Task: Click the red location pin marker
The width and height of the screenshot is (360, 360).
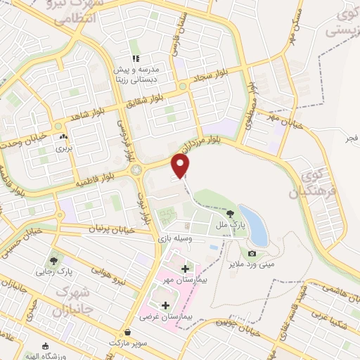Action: click(181, 166)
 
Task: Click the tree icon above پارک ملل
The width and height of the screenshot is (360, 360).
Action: click(231, 213)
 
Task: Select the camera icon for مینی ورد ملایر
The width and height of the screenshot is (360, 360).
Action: click(252, 253)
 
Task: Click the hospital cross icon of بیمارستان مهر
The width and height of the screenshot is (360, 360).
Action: click(185, 269)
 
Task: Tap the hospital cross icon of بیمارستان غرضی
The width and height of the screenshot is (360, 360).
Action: click(166, 306)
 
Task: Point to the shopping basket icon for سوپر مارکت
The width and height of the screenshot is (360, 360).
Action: click(127, 332)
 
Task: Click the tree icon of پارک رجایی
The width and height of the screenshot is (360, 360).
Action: click(54, 260)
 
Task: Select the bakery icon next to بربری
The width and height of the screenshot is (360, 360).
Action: click(64, 138)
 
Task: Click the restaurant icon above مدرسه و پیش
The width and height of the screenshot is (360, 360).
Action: click(135, 58)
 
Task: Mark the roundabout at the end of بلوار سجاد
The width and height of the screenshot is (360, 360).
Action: click(183, 86)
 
